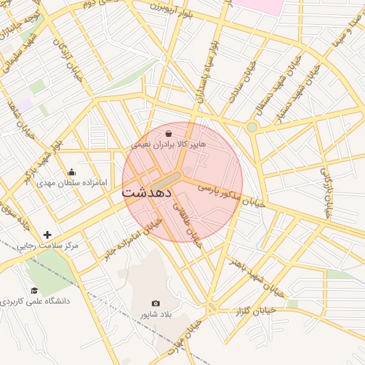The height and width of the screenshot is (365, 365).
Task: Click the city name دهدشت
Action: point(150,192)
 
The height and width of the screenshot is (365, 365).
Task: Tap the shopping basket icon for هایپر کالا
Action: point(168,133)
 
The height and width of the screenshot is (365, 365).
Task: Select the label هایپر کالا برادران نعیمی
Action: point(168,145)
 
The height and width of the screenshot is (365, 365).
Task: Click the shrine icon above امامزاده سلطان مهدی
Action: point(71,172)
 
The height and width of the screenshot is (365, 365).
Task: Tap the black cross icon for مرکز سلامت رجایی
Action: point(47,235)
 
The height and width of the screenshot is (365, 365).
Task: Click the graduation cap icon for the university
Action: point(34,290)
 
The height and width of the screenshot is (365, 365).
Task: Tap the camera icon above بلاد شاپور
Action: point(156,304)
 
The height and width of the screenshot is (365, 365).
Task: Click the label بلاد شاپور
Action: point(156,314)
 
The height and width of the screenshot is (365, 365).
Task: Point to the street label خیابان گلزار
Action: point(255,310)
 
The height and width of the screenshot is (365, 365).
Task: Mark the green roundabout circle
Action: point(252,128)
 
